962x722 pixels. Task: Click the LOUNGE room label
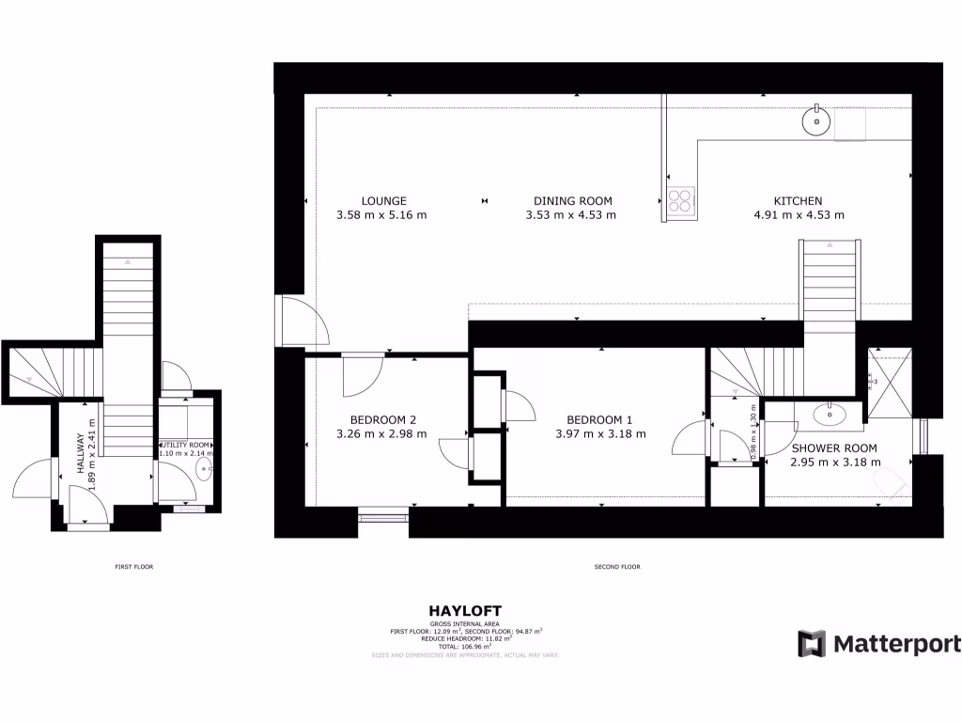(x=383, y=200)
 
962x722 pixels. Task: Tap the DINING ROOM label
(x=572, y=200)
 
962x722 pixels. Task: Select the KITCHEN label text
(x=798, y=200)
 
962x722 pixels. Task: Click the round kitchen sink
(x=815, y=120)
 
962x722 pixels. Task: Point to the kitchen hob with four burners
(x=680, y=199)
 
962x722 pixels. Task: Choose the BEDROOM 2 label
(x=382, y=419)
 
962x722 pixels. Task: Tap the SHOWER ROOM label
(x=834, y=448)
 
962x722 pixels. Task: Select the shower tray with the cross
(x=889, y=381)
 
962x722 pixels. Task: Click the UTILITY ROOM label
(x=186, y=444)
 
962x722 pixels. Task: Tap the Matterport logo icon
(x=811, y=644)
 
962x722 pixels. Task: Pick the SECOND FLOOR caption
(x=617, y=567)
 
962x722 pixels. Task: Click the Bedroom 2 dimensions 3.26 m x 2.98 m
(x=381, y=434)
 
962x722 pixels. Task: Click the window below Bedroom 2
(x=383, y=513)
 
